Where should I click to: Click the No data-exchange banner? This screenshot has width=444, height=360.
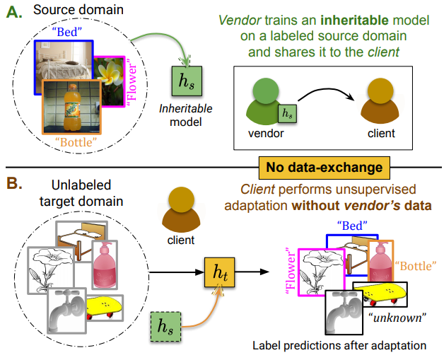[323, 167]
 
